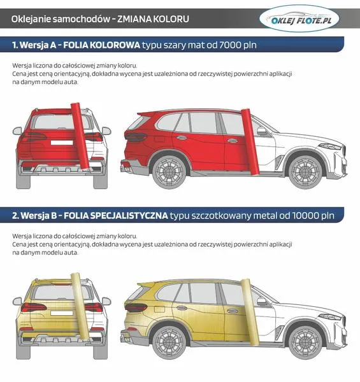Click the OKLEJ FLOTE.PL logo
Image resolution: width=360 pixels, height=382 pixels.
(x=299, y=18)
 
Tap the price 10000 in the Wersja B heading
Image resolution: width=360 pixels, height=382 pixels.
(x=306, y=215)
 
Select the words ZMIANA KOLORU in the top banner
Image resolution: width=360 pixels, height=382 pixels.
(x=153, y=19)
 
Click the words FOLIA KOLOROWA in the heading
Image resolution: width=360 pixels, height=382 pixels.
(x=102, y=45)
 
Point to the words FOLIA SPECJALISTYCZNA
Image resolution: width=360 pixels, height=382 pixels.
(x=116, y=215)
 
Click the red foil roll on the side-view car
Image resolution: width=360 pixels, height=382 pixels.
(x=250, y=141)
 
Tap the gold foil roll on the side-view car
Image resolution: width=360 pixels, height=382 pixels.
(x=250, y=312)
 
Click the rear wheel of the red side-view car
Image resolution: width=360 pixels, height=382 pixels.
(x=169, y=171)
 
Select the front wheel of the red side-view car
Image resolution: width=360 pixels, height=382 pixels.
(x=305, y=171)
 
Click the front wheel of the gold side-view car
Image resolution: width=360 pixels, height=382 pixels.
(x=305, y=342)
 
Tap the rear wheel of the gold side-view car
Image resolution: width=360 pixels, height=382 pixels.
(x=169, y=342)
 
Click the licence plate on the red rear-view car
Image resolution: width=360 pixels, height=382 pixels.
(x=62, y=143)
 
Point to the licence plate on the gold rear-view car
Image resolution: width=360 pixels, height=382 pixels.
(x=62, y=313)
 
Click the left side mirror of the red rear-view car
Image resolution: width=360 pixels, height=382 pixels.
(x=17, y=131)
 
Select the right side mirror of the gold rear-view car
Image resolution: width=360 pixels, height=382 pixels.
(x=106, y=301)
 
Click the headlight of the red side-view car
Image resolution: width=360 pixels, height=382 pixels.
(x=330, y=146)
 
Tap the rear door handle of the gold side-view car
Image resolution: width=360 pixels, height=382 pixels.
(x=181, y=308)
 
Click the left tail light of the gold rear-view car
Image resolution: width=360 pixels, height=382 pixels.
(x=34, y=308)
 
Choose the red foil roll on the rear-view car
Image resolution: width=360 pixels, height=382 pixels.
(x=80, y=136)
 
